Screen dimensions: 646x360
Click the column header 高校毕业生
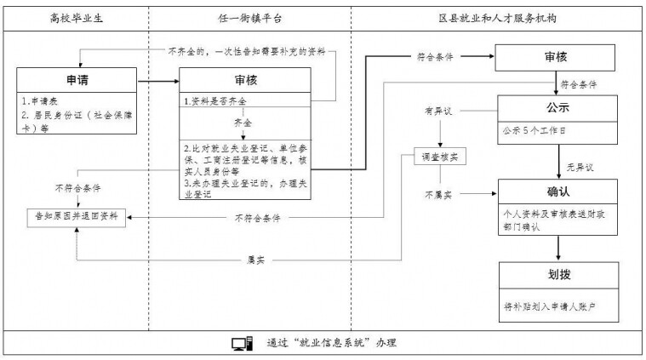[x=77, y=18]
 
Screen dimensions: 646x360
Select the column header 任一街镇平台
[x=250, y=18]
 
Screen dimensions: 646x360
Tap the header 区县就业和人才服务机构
[x=497, y=18]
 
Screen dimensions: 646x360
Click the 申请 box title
[x=77, y=80]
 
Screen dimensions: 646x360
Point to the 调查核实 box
[x=440, y=157]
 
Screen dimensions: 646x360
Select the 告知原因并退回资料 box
[x=77, y=217]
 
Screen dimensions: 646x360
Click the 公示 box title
[x=557, y=108]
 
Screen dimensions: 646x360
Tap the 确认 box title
[x=558, y=191]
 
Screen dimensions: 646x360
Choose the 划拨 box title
[x=559, y=274]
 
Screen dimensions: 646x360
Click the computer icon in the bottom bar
[x=243, y=343]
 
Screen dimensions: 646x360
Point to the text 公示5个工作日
[x=534, y=131]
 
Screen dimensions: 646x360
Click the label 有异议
[x=438, y=111]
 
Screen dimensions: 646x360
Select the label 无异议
[x=580, y=167]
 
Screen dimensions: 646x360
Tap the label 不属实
[x=438, y=194]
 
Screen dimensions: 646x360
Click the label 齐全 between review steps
[x=243, y=123]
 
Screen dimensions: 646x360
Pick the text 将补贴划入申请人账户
[x=550, y=306]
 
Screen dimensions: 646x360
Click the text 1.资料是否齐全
[x=215, y=101]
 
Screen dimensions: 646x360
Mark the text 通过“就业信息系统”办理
[x=331, y=343]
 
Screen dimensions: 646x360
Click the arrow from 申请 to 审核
[x=158, y=81]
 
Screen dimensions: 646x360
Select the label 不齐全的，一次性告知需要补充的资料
[x=247, y=51]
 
